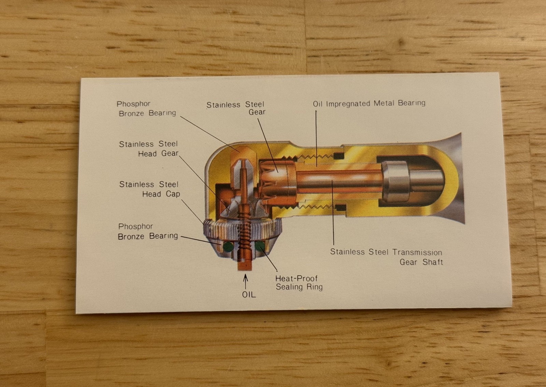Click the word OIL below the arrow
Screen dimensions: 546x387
[249, 295]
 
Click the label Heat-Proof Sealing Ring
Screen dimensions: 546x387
[299, 283]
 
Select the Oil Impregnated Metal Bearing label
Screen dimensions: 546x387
[369, 104]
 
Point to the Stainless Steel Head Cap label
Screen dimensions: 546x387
[150, 189]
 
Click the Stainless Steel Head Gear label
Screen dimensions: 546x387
[149, 149]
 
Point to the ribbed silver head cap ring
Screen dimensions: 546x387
[243, 228]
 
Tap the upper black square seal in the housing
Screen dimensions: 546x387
[339, 155]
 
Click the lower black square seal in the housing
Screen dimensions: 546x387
[341, 208]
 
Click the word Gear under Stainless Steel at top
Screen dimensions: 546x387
[257, 112]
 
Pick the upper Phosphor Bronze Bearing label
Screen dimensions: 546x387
[147, 109]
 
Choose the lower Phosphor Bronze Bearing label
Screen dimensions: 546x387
[148, 232]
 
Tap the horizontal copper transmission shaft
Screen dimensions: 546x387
[339, 181]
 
